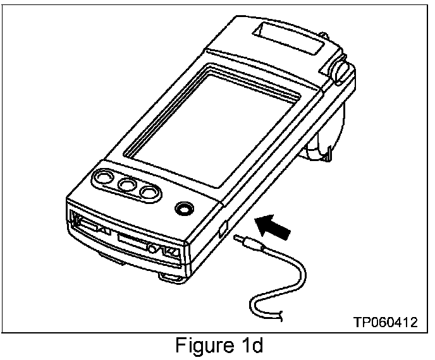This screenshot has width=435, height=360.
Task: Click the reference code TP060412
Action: pyautogui.click(x=385, y=322)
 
